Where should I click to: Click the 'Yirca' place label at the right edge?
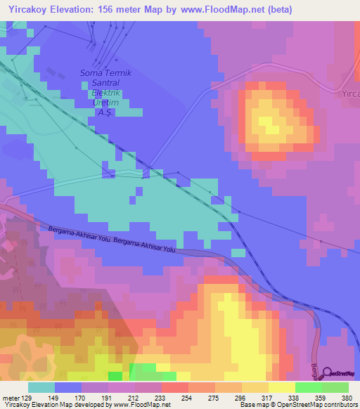click(349, 93)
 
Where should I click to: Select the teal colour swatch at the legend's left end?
click(41, 387)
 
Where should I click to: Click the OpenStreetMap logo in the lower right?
click(340, 373)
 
